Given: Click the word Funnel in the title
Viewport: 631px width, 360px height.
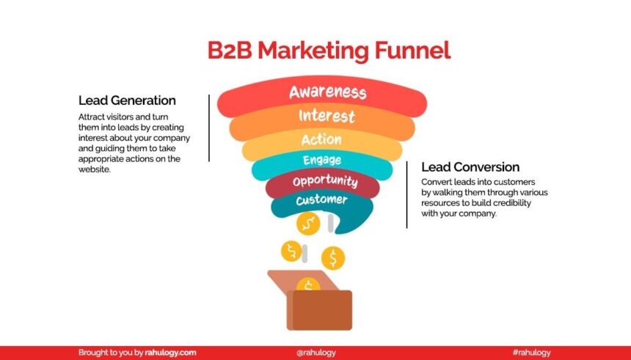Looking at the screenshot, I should [412, 51].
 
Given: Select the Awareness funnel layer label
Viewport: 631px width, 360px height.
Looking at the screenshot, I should [327, 92].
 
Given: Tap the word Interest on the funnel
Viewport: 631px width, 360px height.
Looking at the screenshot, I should [327, 116].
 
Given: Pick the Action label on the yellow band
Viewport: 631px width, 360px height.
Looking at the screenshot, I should [321, 139].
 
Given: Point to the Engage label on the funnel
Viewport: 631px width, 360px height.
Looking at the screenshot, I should [321, 160].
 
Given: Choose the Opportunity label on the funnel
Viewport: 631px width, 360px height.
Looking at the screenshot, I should [324, 180].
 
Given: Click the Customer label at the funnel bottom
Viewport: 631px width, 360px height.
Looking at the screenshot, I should [321, 200].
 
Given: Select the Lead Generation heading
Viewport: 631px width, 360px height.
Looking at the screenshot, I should [127, 100].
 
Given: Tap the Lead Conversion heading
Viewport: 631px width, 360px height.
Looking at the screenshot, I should [470, 167].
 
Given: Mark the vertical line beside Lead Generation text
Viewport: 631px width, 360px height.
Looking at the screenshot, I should [209, 128].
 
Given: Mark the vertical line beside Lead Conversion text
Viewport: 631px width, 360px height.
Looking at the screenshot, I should [406, 194].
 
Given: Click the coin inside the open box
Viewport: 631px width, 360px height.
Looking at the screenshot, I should [309, 285].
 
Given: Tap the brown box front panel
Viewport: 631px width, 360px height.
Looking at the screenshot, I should [319, 310].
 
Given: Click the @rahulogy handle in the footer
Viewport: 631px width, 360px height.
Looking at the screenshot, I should [316, 353].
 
